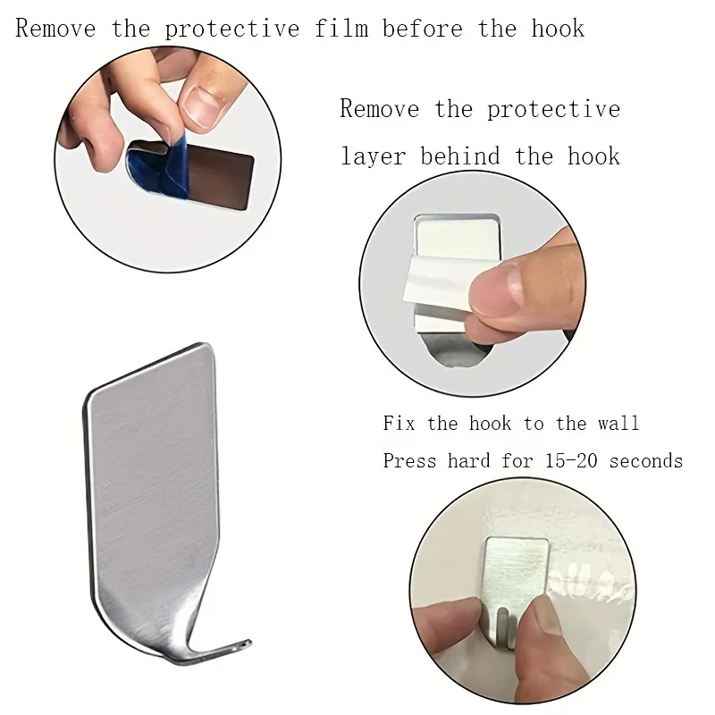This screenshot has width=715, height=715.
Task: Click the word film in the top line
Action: click(343, 29)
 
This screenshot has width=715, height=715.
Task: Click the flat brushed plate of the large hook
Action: click(152, 474)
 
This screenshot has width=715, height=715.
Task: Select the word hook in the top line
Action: click(558, 29)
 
